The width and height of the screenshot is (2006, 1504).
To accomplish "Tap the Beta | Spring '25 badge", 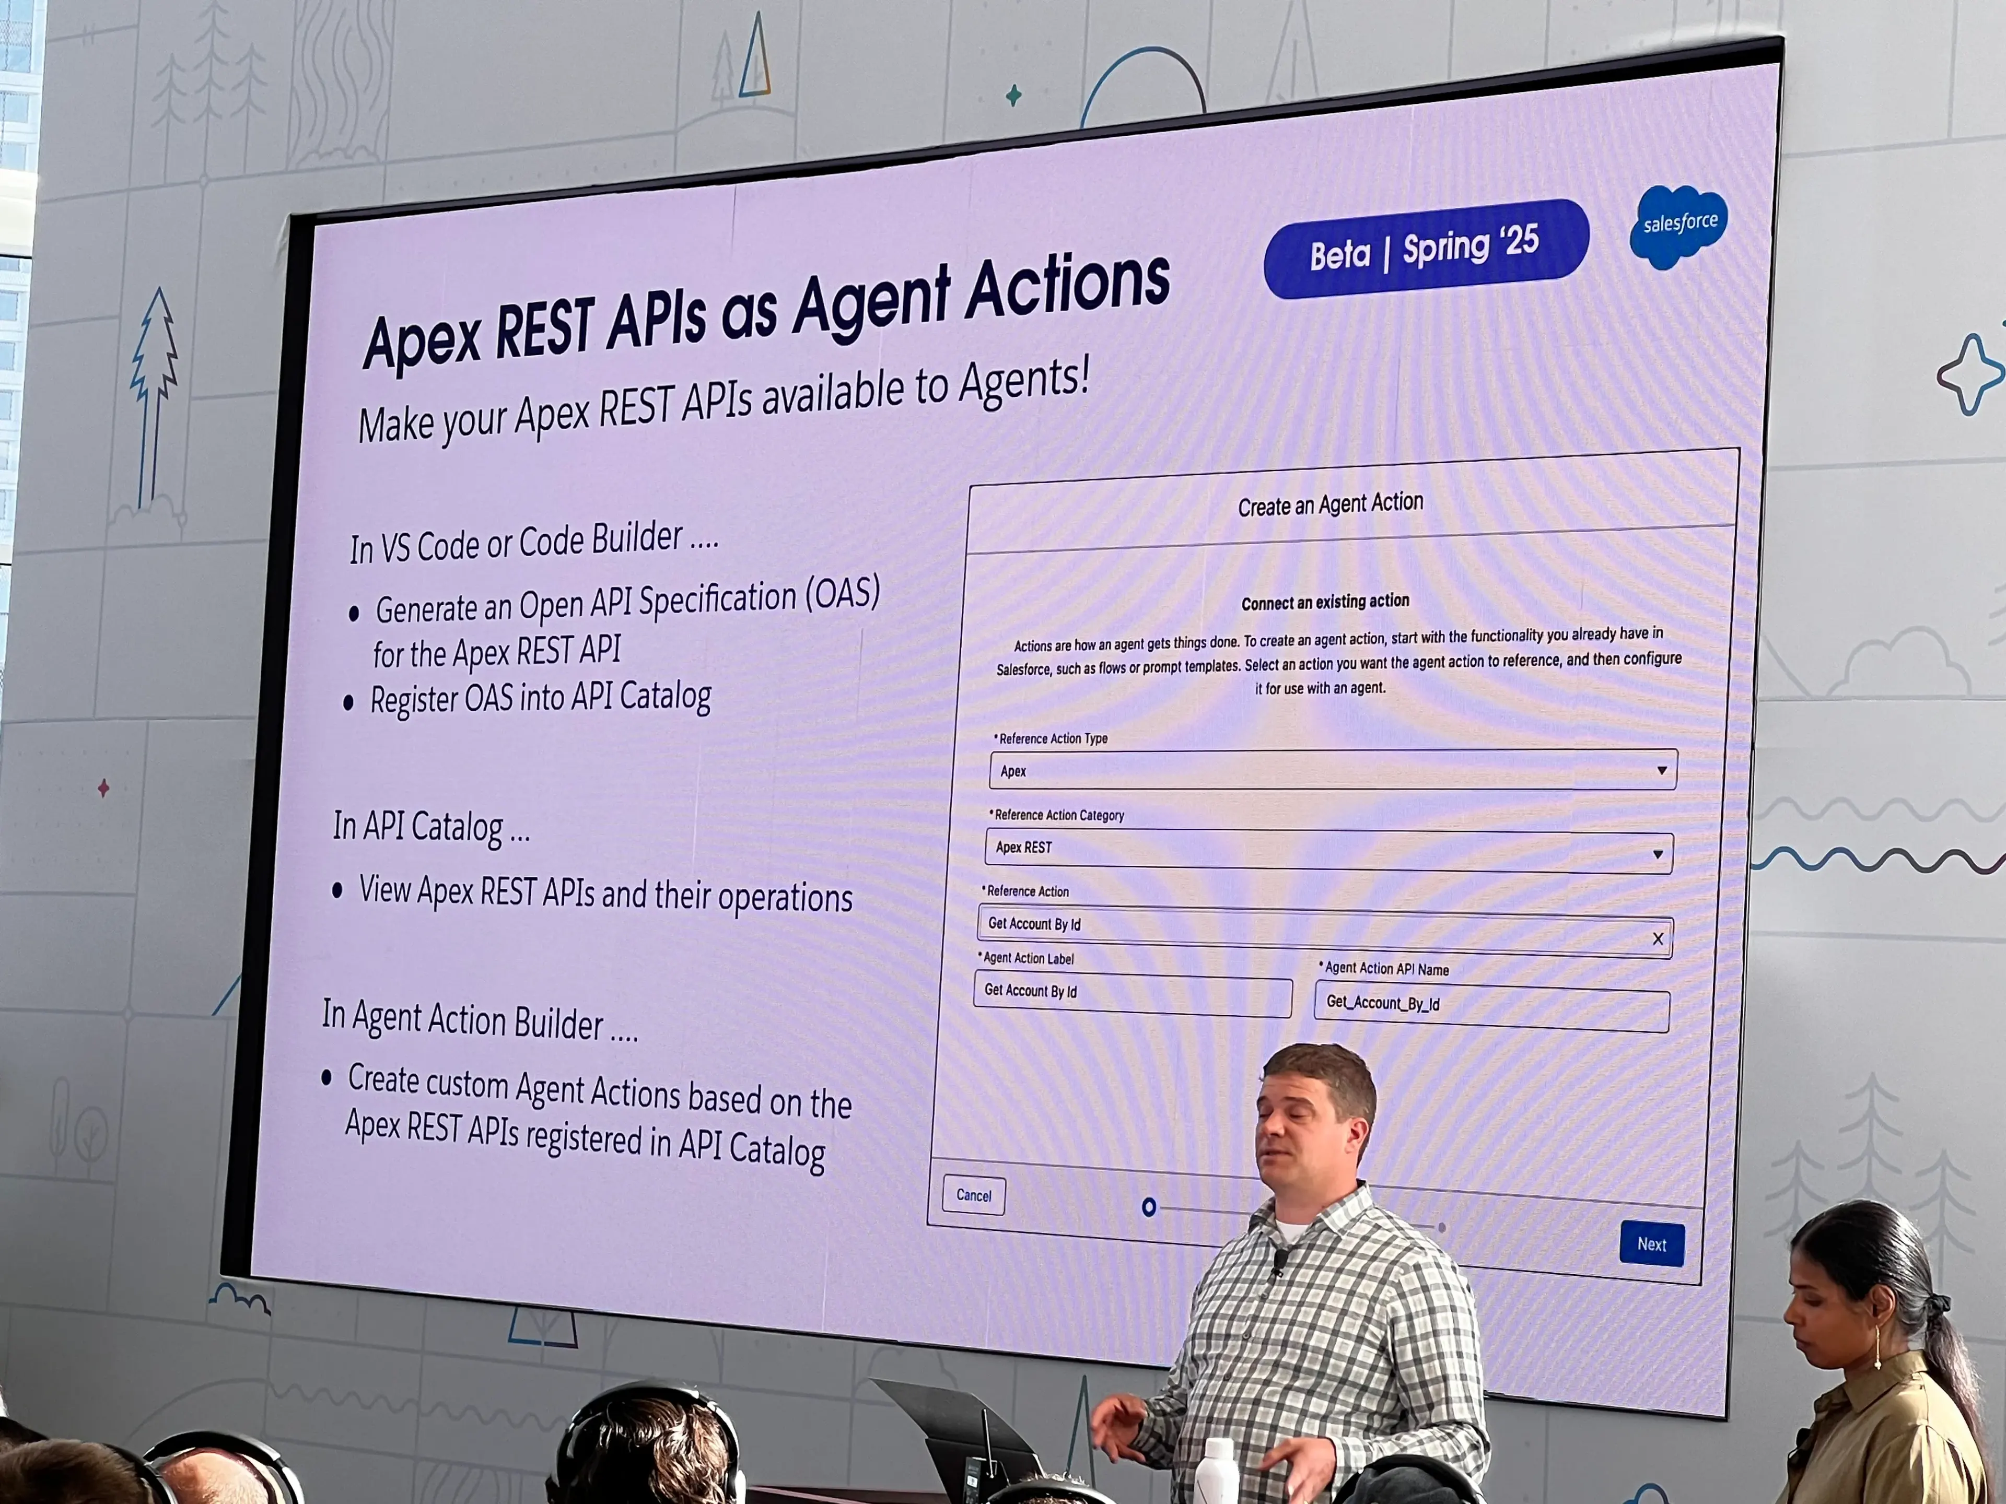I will pyautogui.click(x=1426, y=249).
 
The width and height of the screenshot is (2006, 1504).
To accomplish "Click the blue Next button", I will pyautogui.click(x=1651, y=1244).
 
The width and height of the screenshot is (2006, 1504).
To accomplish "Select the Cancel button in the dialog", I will pyautogui.click(x=973, y=1195).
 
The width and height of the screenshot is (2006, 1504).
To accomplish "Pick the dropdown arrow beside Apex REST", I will pyautogui.click(x=1657, y=854).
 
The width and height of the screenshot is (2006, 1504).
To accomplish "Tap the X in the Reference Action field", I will pyautogui.click(x=1657, y=938).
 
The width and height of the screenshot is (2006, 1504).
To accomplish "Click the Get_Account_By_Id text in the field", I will pyautogui.click(x=1382, y=1003).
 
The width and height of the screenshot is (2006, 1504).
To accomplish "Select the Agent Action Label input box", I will pyautogui.click(x=1132, y=995).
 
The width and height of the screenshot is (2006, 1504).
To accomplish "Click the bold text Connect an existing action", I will pyautogui.click(x=1324, y=601).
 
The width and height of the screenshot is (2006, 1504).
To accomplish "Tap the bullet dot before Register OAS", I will pyautogui.click(x=348, y=703).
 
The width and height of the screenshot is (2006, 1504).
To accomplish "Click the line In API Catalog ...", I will pyautogui.click(x=431, y=827).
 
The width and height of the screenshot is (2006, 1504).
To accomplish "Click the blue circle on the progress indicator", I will pyautogui.click(x=1149, y=1207).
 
